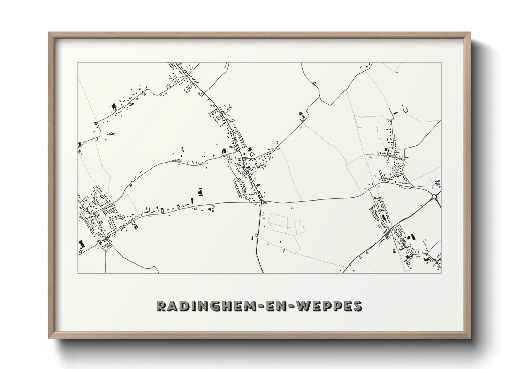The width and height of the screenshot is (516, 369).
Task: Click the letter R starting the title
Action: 162,306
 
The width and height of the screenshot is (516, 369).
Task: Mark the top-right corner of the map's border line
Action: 441,63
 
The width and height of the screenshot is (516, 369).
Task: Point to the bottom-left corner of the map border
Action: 78,273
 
